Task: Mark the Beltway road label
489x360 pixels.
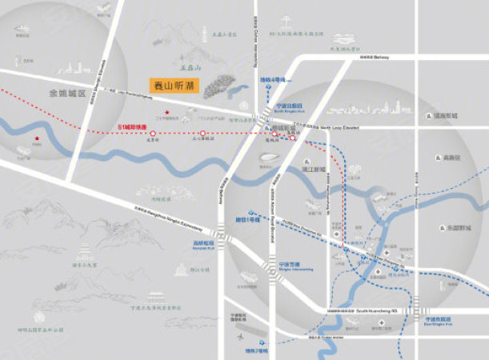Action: pos(373,58)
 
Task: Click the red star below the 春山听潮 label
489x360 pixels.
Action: pos(166,111)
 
